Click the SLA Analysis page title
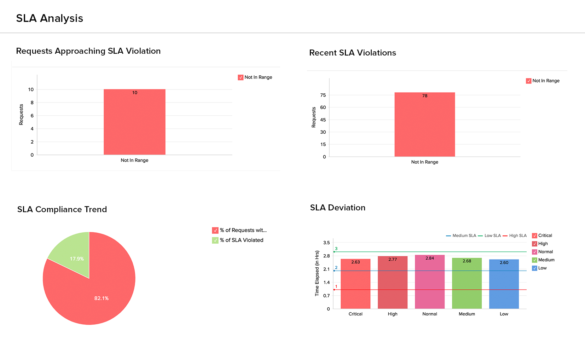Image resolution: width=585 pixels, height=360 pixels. [50, 18]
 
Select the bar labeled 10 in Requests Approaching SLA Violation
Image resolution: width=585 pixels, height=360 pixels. [134, 122]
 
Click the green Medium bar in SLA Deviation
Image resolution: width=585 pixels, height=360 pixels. [467, 283]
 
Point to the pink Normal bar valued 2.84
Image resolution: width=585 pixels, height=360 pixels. [429, 281]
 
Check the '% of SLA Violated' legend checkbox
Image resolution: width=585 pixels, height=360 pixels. [215, 240]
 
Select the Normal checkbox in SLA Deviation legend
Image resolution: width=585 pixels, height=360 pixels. [534, 252]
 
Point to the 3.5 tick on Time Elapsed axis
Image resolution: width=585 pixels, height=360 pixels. [326, 243]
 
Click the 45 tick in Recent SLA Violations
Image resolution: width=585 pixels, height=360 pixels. [323, 120]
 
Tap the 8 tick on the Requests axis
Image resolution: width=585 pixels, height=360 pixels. [32, 103]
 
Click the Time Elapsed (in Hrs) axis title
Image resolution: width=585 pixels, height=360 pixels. [317, 273]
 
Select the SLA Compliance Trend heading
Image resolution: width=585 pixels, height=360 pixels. [62, 209]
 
